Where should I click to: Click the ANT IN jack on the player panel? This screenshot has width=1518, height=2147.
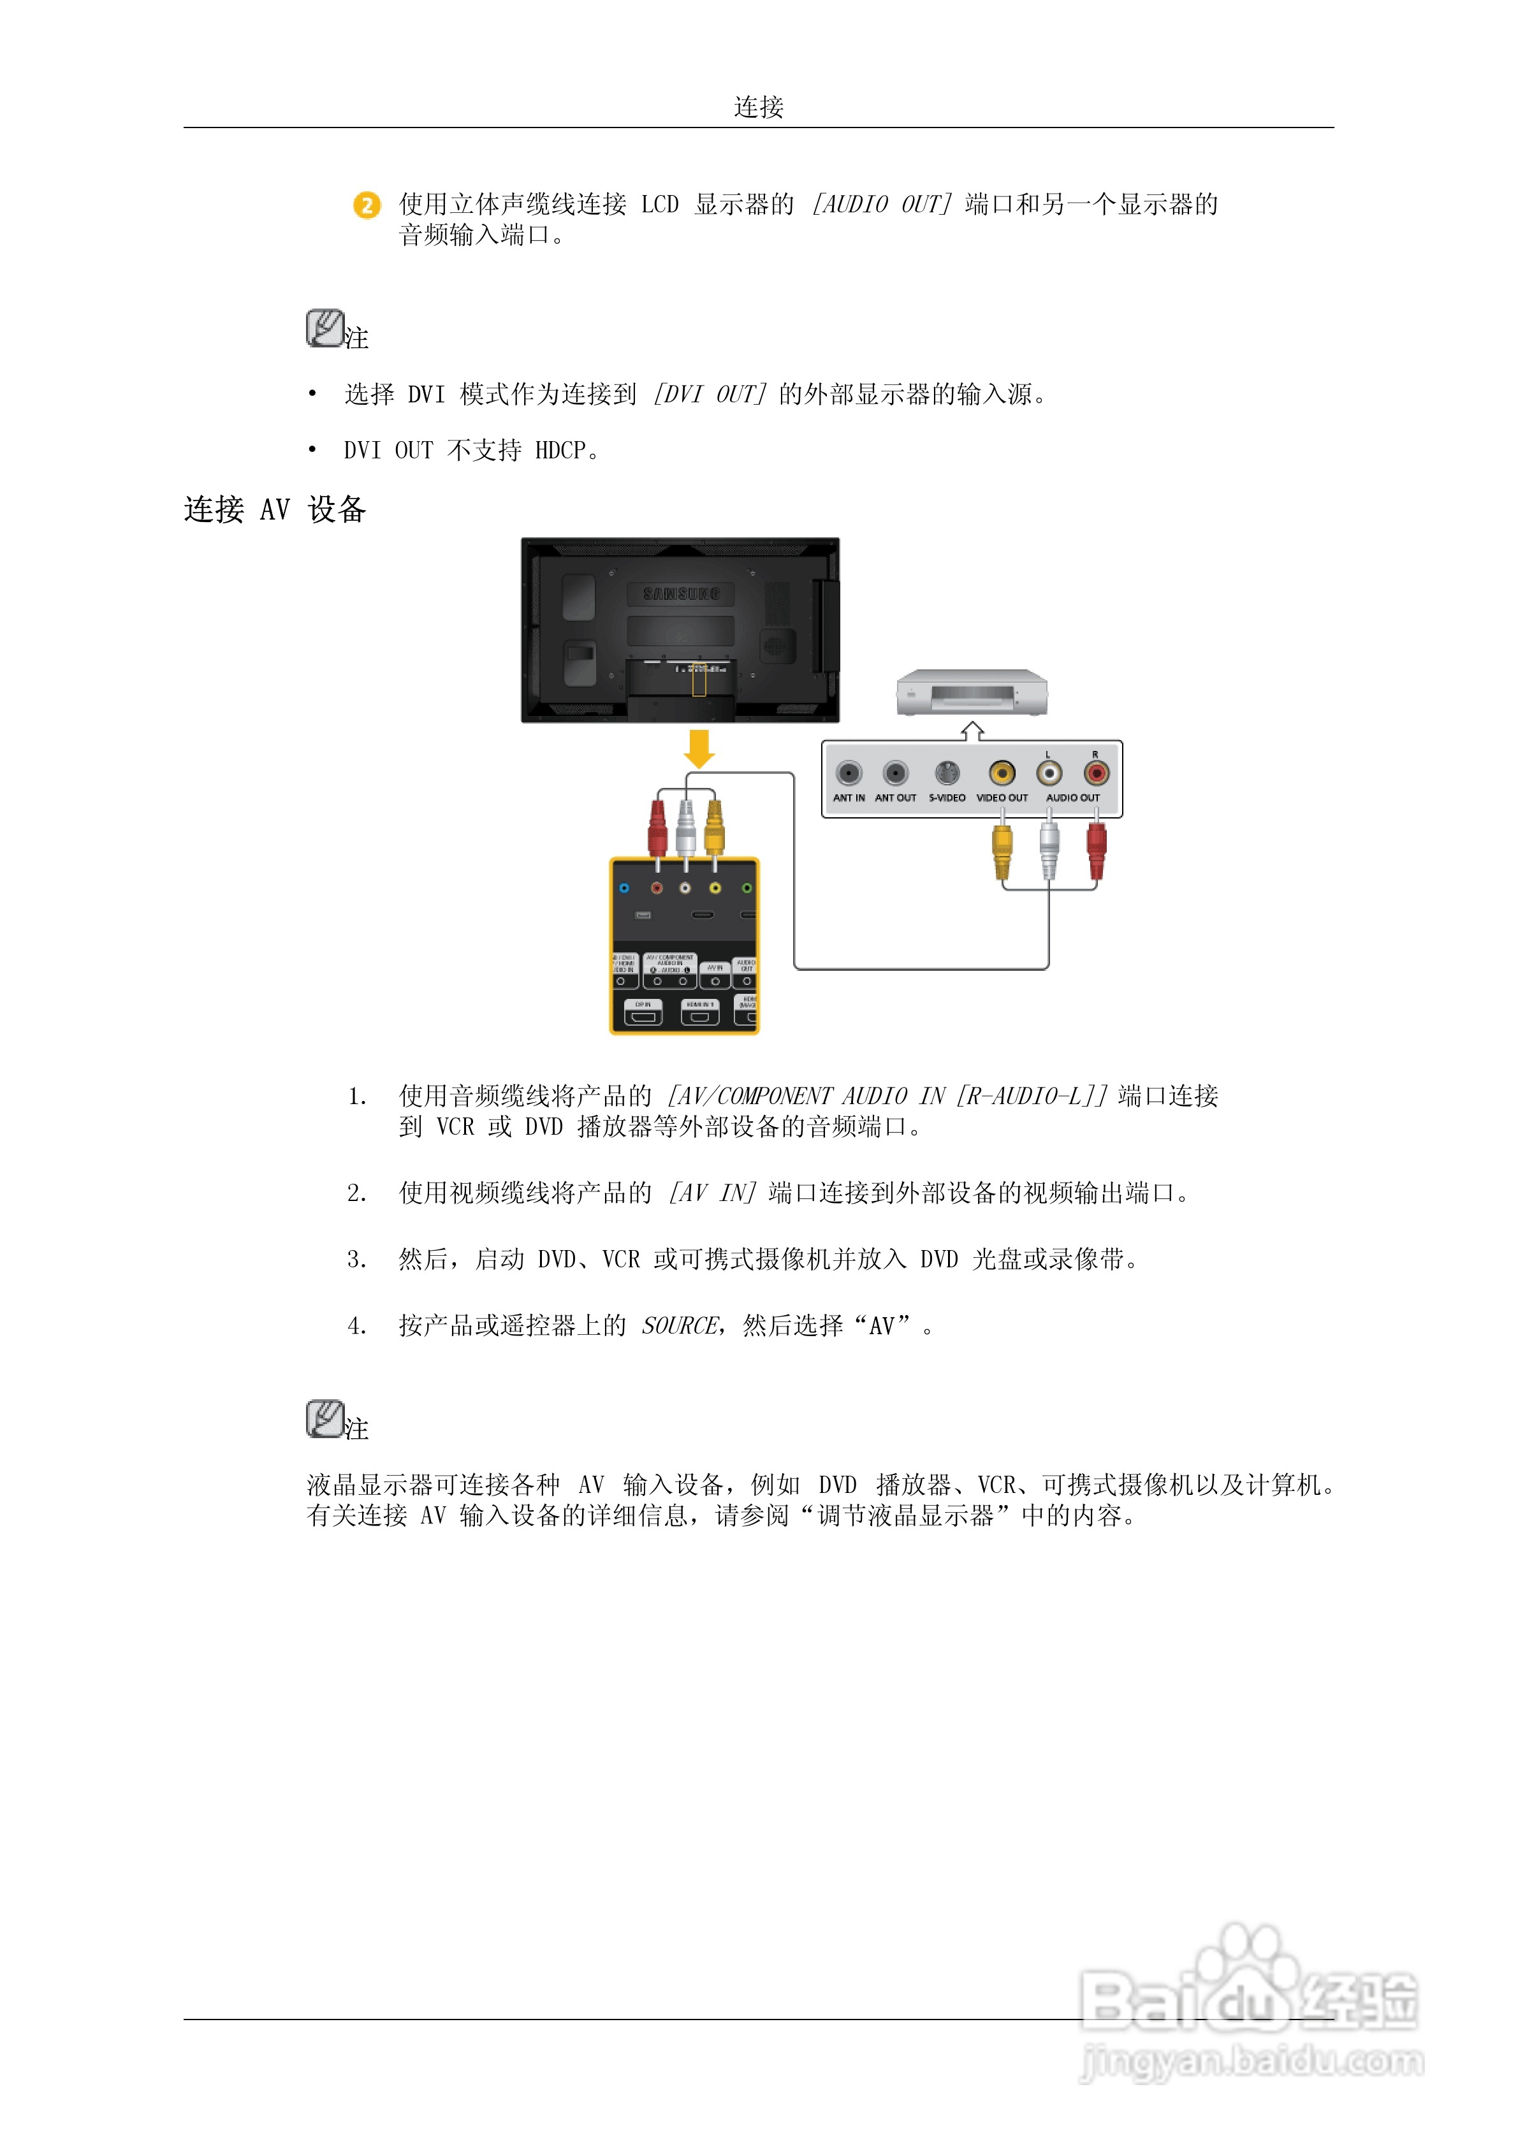click(849, 773)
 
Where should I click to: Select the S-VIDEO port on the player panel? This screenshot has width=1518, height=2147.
click(947, 773)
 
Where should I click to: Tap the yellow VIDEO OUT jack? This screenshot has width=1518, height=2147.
click(1002, 773)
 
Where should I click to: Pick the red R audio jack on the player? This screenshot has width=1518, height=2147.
click(1095, 773)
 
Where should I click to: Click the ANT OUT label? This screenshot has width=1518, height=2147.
click(895, 797)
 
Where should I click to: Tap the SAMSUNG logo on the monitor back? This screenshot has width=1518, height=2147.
click(682, 593)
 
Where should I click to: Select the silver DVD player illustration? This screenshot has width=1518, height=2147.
click(972, 693)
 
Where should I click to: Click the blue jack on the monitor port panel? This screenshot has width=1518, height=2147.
click(624, 887)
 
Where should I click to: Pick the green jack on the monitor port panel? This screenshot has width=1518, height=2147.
click(747, 887)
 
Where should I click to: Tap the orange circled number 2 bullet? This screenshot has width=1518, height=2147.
click(367, 205)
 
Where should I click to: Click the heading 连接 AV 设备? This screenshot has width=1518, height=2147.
click(275, 509)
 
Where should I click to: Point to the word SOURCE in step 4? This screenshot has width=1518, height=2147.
click(680, 1325)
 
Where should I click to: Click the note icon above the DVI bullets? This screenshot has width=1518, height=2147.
click(325, 328)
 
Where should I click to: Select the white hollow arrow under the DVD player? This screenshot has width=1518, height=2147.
click(973, 731)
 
